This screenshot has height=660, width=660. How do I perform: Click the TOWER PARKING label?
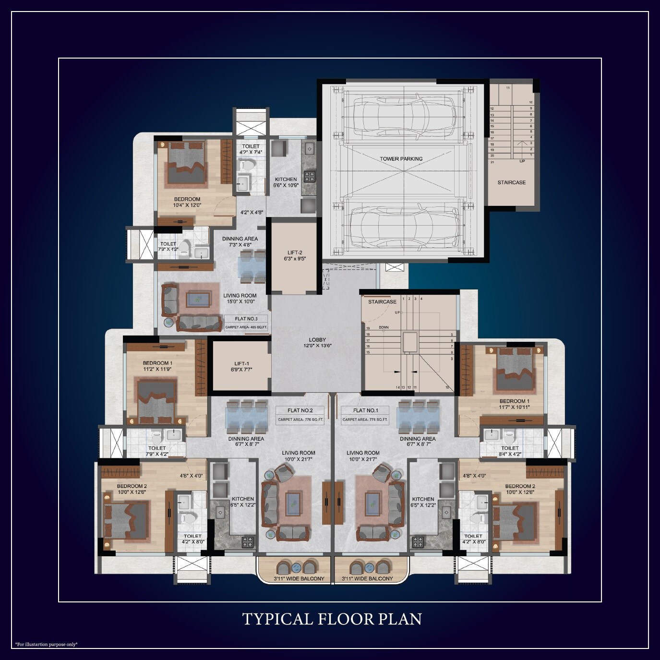click(x=401, y=159)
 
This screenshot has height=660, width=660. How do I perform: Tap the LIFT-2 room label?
click(x=295, y=253)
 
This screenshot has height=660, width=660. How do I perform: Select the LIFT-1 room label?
click(x=241, y=364)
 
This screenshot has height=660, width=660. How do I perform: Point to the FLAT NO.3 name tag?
click(x=246, y=319)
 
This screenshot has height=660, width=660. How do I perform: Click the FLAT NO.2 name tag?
click(x=300, y=410)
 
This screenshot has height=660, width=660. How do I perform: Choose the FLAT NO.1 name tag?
click(x=365, y=410)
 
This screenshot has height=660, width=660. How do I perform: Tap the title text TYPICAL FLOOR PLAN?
click(x=332, y=619)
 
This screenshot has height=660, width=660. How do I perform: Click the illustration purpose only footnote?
click(x=46, y=644)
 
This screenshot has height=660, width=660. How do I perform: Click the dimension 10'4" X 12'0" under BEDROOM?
click(x=187, y=205)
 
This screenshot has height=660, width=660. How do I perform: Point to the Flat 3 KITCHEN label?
click(x=286, y=179)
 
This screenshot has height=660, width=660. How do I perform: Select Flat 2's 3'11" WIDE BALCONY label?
click(x=299, y=579)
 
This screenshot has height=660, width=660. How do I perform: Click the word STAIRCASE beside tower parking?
click(x=511, y=182)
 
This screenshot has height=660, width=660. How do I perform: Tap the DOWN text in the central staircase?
click(x=384, y=327)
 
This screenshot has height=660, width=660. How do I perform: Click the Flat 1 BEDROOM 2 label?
click(x=520, y=486)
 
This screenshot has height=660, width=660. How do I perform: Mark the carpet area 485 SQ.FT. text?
click(x=246, y=328)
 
